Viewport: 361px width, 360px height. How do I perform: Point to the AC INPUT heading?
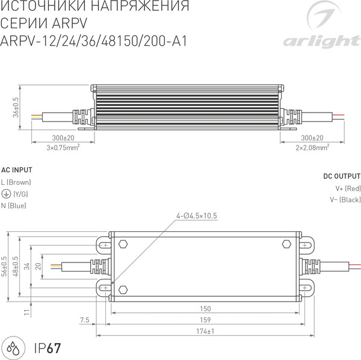(x=17, y=170)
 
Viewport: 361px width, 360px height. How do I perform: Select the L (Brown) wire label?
(x=16, y=182)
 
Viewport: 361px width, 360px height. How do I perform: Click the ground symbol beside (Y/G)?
(x=5, y=194)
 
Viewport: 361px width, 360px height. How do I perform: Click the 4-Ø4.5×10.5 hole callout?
(x=196, y=216)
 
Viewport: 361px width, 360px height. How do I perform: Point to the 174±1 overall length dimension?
(x=205, y=332)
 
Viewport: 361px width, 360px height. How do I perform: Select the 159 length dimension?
(x=205, y=320)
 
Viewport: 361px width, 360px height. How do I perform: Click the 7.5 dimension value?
(x=84, y=319)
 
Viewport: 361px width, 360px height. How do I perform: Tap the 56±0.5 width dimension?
(x=5, y=267)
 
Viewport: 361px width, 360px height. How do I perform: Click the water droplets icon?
(x=14, y=347)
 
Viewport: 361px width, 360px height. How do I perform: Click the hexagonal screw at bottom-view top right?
(x=286, y=244)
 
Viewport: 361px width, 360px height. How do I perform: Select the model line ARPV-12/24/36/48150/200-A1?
(x=95, y=42)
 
